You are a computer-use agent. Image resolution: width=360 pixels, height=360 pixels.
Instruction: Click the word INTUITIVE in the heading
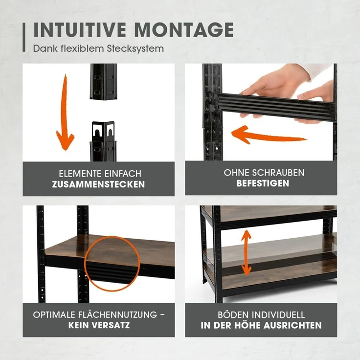tap(80, 30)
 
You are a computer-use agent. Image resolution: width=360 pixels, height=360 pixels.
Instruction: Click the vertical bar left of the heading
tap(24, 37)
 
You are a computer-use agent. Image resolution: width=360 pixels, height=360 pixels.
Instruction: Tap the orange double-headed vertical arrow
tap(246, 252)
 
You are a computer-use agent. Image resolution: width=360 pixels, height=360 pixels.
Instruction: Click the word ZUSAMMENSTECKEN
tap(99, 184)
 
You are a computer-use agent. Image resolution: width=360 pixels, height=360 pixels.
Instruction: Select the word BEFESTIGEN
tap(263, 183)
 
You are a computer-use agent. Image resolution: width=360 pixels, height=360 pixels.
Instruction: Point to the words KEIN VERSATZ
tap(99, 325)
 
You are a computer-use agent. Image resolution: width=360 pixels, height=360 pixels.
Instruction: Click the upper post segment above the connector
tap(103, 81)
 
